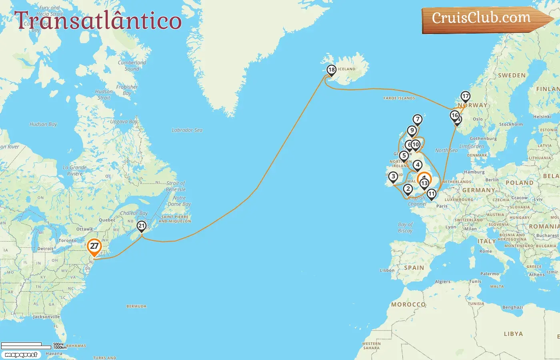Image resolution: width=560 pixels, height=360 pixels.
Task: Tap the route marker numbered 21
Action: tap(141, 226)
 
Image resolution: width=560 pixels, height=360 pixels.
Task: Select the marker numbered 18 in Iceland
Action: tap(331, 70)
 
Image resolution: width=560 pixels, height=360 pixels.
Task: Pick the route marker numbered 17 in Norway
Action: tap(465, 96)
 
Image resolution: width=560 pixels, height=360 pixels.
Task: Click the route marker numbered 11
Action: tap(431, 194)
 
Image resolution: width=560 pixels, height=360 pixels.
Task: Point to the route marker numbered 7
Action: tap(418, 119)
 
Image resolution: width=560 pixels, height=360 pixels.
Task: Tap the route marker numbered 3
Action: tap(393, 176)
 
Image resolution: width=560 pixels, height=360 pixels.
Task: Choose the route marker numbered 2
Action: tap(408, 189)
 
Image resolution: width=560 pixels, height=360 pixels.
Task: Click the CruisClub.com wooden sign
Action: tap(484, 19)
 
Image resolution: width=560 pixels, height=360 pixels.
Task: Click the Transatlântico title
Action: tap(98, 20)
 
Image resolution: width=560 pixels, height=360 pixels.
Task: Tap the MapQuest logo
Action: tap(21, 355)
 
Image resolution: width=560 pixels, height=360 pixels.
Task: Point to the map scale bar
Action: tap(32, 345)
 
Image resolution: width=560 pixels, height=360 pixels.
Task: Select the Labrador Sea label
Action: tap(187, 130)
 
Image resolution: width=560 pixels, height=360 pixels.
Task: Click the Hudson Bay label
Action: tap(43, 124)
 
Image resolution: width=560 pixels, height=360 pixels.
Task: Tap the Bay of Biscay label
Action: tap(405, 228)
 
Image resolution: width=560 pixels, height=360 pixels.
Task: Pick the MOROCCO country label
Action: tap(408, 304)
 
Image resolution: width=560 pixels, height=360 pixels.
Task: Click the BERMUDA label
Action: tap(136, 306)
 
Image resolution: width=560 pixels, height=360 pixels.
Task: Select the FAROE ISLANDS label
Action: tap(399, 98)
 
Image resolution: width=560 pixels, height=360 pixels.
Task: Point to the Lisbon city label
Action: tap(387, 270)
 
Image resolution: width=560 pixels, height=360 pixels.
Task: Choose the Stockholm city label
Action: tap(511, 124)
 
